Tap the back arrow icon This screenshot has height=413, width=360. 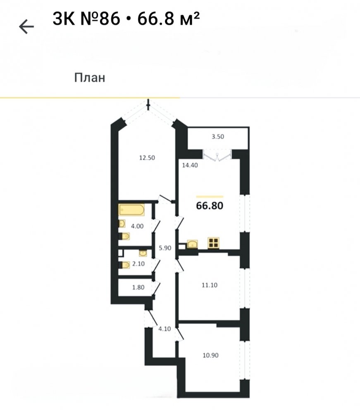pos(26,26)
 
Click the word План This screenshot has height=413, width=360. pos(90,78)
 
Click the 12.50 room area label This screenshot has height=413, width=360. pos(147,158)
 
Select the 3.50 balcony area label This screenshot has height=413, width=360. pos(218,136)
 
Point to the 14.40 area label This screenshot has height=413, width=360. pos(190,166)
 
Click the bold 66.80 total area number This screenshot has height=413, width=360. pos(210,205)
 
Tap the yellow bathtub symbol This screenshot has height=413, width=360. pos(131,210)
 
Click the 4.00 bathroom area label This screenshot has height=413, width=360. pos(137,226)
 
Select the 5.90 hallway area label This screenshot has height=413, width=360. pos(165,248)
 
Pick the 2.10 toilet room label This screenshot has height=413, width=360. pos(138,263)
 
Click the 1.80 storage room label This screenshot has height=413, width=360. pos(138,287)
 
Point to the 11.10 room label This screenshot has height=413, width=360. pos(210,285)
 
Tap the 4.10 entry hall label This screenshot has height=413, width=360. pos(165,329)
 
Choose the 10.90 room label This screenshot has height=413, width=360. pos(210,355)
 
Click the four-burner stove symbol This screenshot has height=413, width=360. pos(213,243)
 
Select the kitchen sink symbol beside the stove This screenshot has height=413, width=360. pos(192,244)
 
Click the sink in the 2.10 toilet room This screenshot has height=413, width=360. pos(143,253)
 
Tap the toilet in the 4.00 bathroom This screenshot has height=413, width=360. pos(124,236)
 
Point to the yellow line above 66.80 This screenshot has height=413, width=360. pos(210,197)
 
